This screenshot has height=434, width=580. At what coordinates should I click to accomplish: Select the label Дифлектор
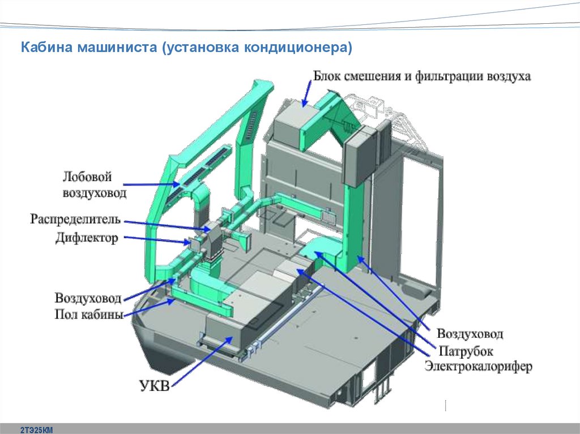[87, 238]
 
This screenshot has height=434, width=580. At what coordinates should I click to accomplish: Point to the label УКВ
[154, 387]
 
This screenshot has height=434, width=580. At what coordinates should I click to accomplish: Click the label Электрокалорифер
[479, 367]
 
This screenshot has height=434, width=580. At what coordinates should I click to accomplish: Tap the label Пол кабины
[89, 315]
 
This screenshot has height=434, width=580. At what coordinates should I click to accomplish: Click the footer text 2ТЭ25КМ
[36, 430]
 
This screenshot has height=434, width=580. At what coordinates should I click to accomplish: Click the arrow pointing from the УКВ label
[201, 362]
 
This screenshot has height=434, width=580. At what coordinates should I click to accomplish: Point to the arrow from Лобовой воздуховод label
[153, 184]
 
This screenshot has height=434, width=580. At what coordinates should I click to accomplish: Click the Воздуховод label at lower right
[470, 334]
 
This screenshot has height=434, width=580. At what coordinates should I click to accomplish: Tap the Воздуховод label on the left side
[88, 298]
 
